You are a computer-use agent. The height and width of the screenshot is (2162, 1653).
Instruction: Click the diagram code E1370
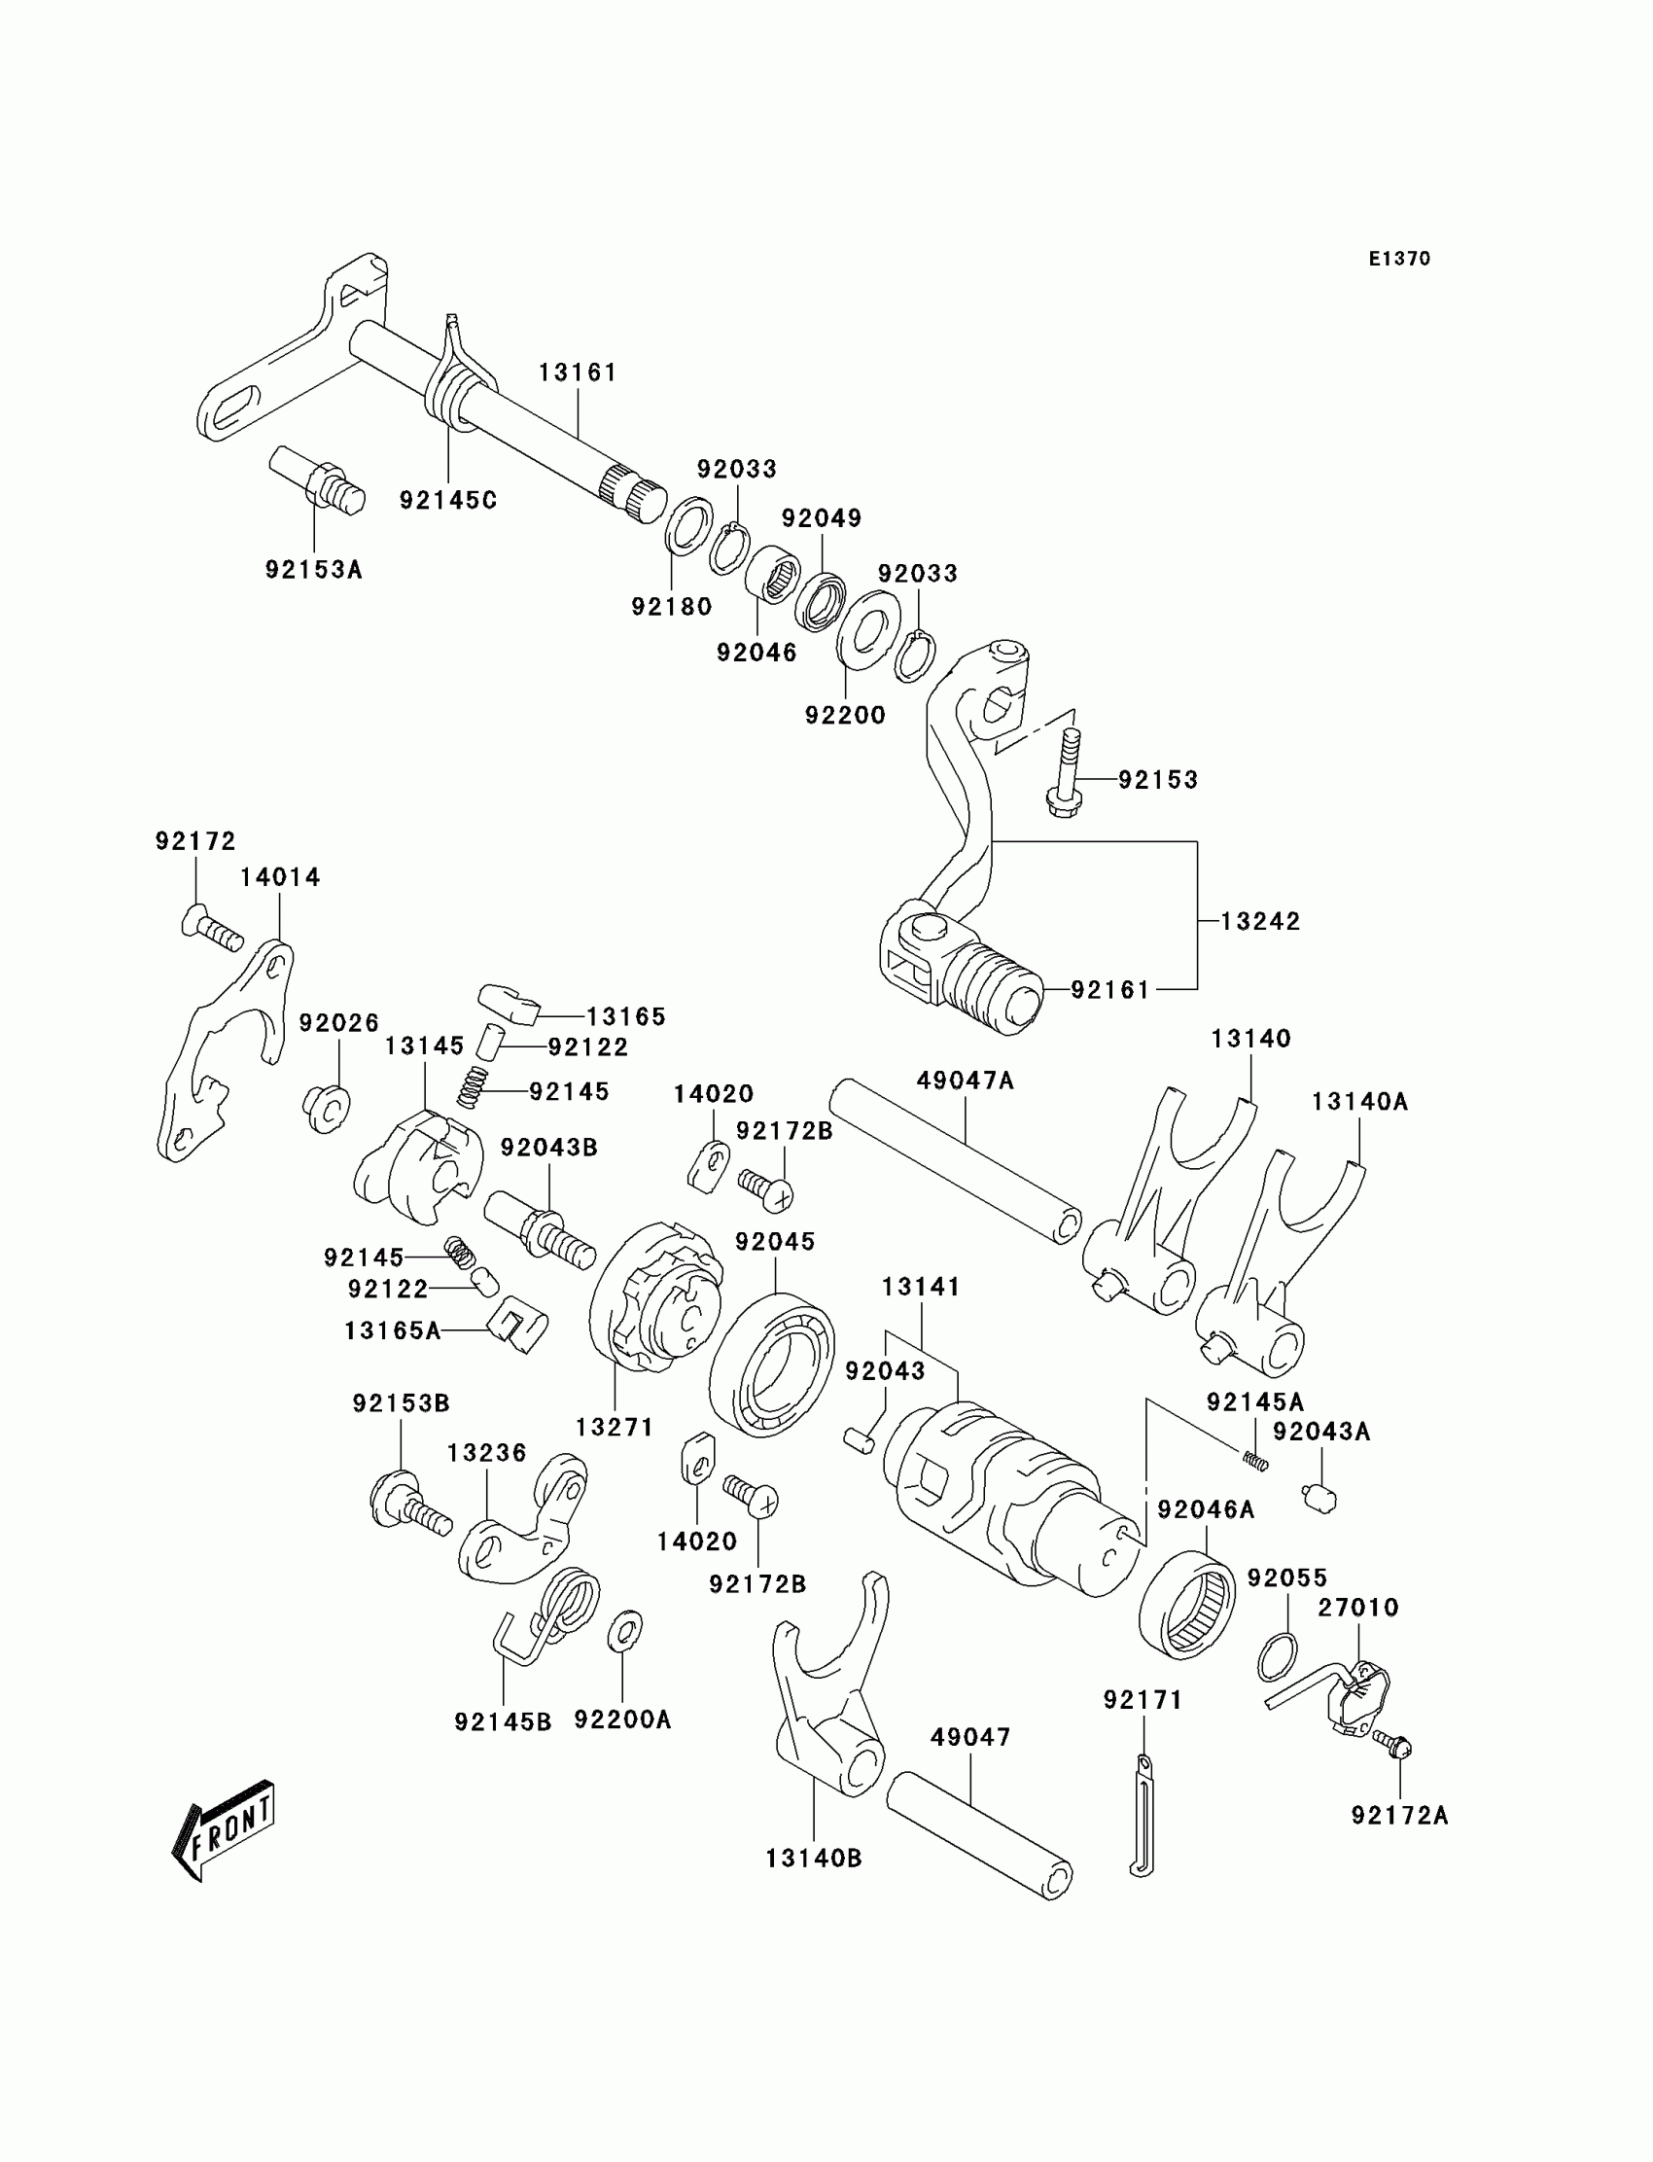point(1399,259)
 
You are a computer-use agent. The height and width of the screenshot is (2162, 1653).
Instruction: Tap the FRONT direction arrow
point(225,1829)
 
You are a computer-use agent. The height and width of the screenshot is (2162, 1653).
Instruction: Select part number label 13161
point(578,372)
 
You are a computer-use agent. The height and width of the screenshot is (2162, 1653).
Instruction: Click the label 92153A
point(314,570)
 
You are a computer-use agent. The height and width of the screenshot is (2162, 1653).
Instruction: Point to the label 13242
point(1260,921)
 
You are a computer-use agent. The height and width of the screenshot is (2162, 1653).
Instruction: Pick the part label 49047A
point(965,1081)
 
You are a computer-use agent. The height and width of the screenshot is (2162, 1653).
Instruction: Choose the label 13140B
point(814,1858)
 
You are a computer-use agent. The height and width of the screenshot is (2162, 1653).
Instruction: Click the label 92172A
point(1399,1816)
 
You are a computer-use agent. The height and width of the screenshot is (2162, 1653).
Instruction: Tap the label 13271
point(615,1427)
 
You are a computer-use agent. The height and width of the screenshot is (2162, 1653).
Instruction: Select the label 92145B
point(503,1721)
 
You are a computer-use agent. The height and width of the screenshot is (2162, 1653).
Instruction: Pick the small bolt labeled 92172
point(212,929)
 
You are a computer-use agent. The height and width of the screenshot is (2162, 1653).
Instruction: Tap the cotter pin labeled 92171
point(1142,1815)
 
